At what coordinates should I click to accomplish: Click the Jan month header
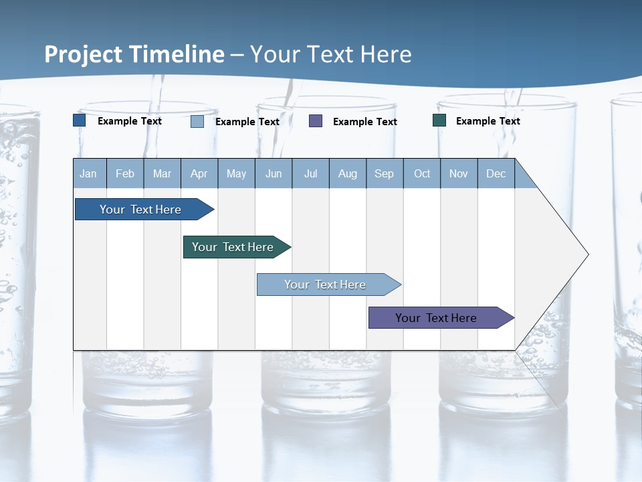[89, 173]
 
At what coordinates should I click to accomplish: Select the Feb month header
[125, 173]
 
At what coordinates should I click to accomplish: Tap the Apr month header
[199, 173]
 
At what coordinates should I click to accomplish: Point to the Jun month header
[274, 173]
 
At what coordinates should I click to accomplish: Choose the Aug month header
[348, 173]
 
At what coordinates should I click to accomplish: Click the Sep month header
[385, 173]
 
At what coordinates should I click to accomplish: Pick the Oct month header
[422, 173]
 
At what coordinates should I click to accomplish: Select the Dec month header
[496, 173]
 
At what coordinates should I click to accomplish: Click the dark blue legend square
[80, 120]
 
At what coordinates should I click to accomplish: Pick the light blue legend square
[197, 121]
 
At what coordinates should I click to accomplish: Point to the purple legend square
[316, 121]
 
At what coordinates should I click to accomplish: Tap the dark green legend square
[439, 120]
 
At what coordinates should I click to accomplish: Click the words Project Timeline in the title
[134, 54]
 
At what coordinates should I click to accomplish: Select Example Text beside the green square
[488, 121]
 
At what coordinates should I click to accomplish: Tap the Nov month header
[459, 173]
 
